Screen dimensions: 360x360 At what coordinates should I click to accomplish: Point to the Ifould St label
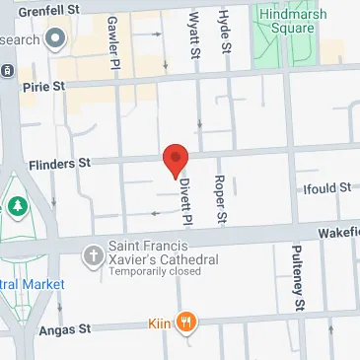pos(324,187)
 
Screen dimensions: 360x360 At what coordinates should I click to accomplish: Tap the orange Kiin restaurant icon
pos(187,322)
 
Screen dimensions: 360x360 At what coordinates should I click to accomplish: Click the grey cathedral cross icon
pos(93,255)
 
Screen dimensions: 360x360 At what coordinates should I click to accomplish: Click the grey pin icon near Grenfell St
pos(54,40)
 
